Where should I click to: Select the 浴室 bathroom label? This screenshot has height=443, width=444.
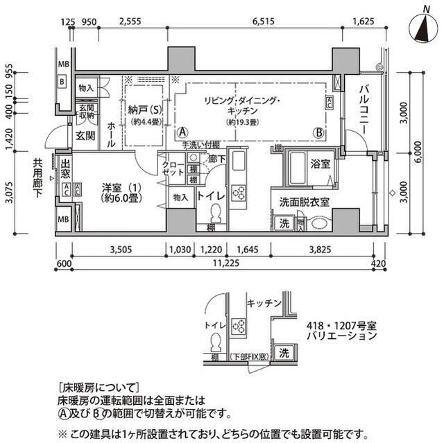click(x=319, y=165)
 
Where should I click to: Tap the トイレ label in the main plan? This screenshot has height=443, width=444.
click(x=210, y=196)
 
